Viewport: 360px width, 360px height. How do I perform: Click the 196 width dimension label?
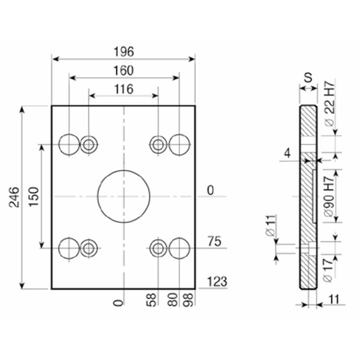coord(124,52)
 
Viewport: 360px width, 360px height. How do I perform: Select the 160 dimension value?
coord(123,71)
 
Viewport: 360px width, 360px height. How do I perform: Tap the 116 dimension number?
coord(124,89)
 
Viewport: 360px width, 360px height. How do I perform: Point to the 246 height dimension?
coord(14,197)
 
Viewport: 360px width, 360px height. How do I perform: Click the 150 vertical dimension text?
coord(34,197)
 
